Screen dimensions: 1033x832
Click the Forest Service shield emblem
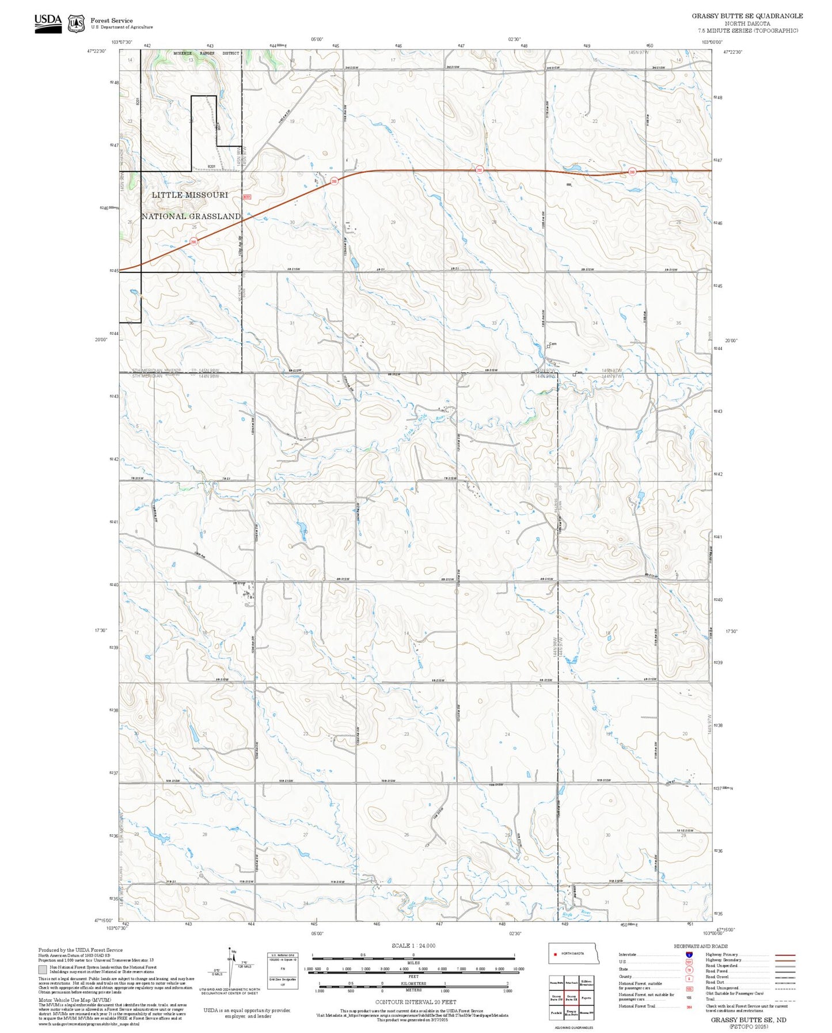[76, 23]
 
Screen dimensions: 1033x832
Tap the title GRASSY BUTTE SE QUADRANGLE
[747, 16]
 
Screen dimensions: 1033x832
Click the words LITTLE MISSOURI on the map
[190, 195]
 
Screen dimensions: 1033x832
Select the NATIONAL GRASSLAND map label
[191, 217]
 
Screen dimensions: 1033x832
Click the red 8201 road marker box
[247, 196]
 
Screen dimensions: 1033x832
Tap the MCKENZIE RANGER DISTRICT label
[206, 53]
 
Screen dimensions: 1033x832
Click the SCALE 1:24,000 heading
[413, 945]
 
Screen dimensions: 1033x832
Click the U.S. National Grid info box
[282, 971]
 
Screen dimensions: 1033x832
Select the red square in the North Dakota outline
[556, 954]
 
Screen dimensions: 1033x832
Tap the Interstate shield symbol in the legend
[689, 954]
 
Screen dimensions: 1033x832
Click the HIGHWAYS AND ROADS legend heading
[700, 946]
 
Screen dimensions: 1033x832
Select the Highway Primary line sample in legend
[785, 955]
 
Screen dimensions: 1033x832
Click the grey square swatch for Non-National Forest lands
[42, 970]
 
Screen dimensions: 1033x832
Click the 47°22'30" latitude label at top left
[96, 51]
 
